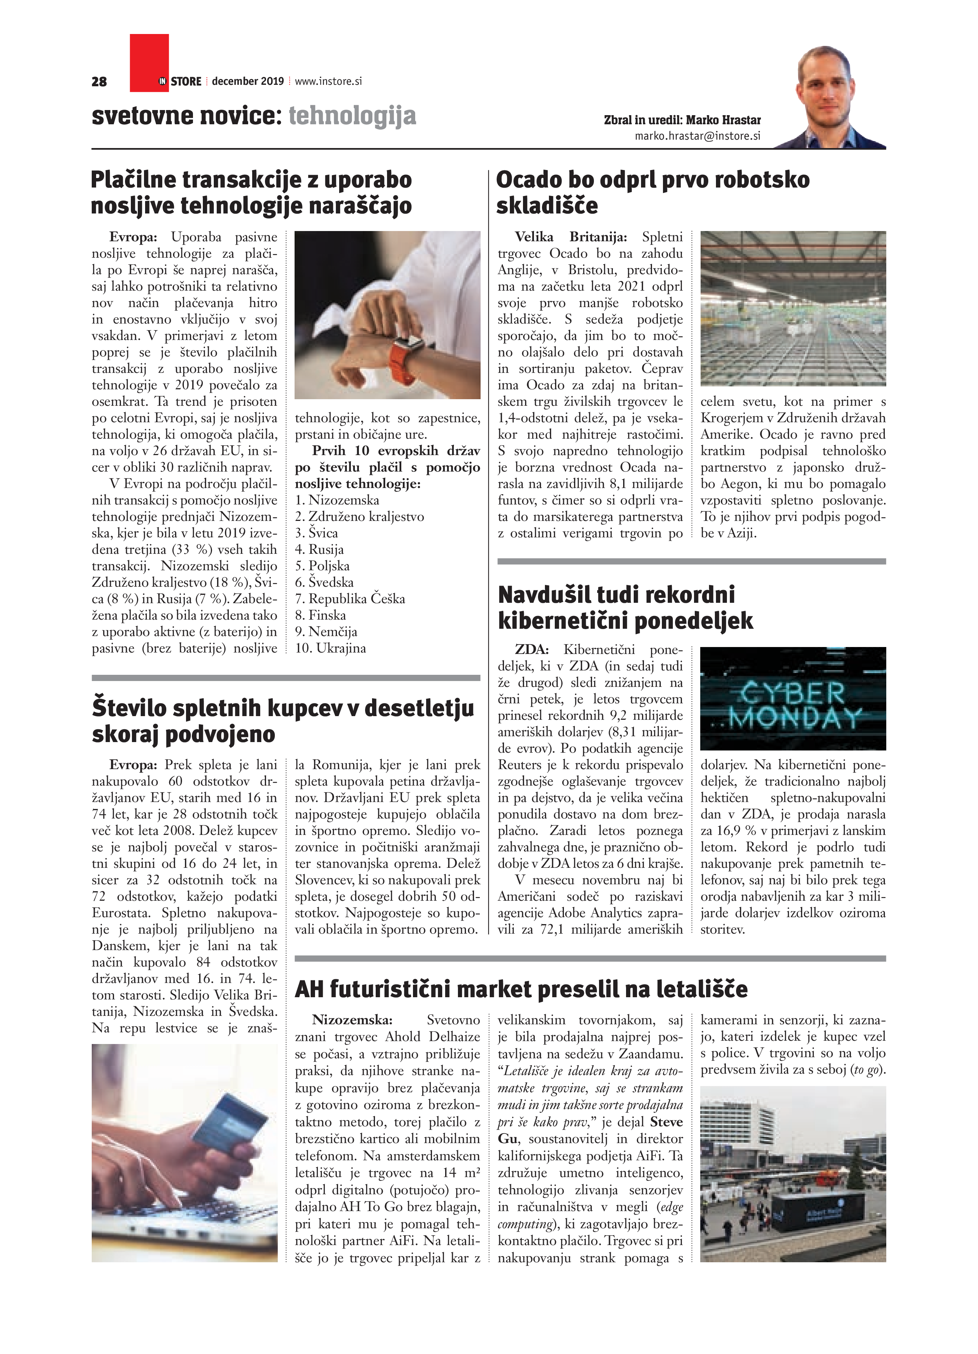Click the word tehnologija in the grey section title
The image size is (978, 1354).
352,116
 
